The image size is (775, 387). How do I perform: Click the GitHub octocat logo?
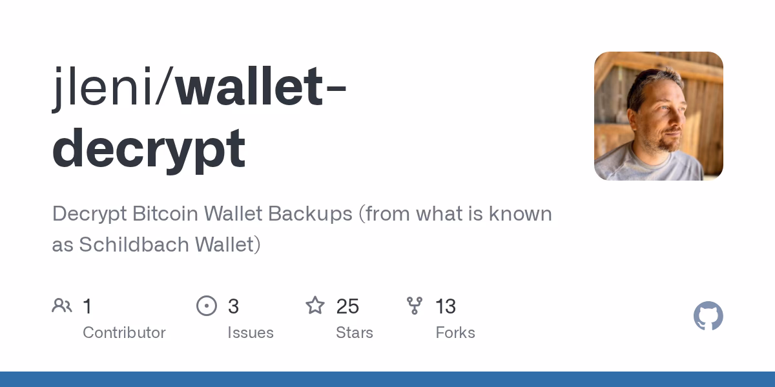708,316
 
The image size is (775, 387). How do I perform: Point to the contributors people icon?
62,306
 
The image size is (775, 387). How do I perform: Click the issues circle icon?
207,306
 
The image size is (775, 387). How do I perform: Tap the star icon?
315,306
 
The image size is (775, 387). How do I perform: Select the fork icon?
415,306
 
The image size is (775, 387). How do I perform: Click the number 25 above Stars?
347,306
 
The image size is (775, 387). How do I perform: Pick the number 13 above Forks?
446,306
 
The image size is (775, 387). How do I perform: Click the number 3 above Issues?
233,306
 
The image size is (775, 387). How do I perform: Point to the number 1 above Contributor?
87,306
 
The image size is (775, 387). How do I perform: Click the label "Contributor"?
124,333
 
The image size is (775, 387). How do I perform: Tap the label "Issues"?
250,333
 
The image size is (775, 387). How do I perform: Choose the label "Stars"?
354,333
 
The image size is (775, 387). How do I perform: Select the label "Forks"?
455,333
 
